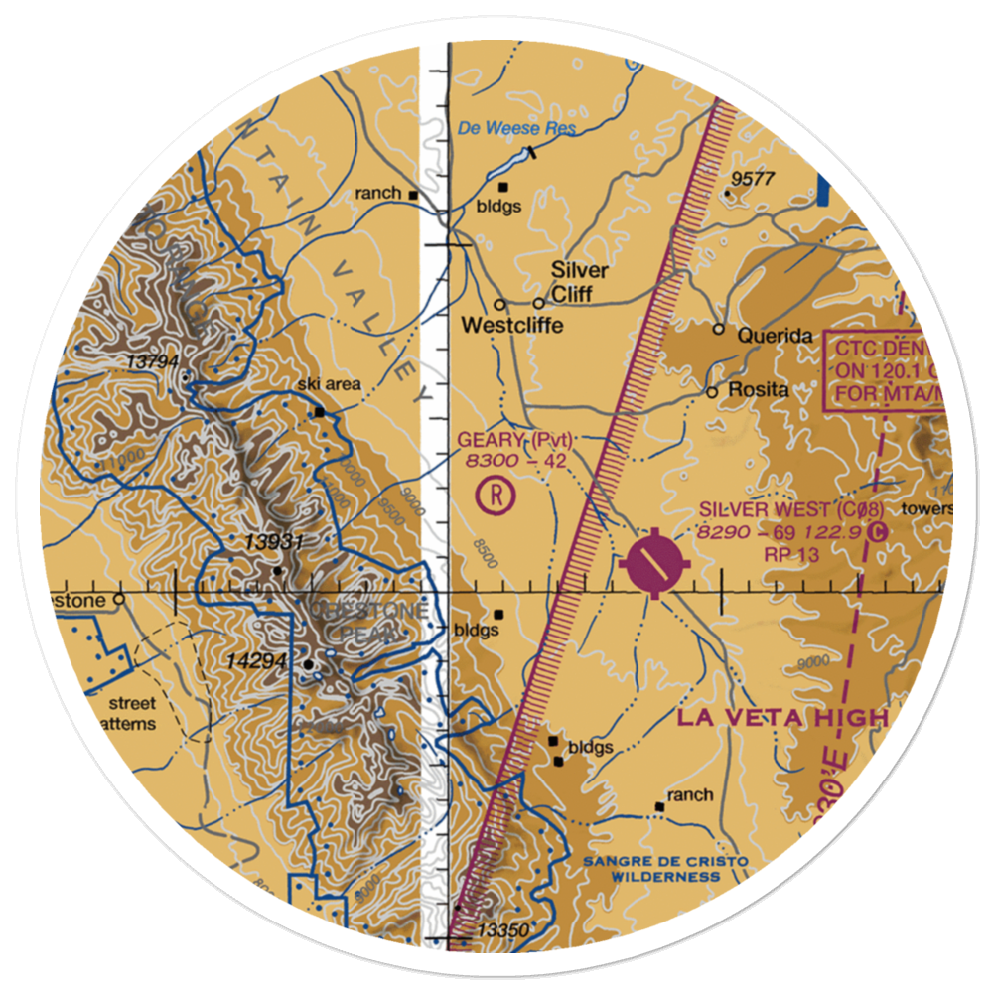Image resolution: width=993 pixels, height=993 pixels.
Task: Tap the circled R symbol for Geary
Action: click(x=495, y=494)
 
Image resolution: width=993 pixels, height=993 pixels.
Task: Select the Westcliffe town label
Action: click(x=512, y=326)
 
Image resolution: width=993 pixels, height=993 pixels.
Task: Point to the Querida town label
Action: click(x=776, y=336)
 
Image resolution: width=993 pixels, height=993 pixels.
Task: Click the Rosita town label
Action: click(x=759, y=390)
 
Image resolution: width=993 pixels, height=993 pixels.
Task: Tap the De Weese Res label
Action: click(x=516, y=129)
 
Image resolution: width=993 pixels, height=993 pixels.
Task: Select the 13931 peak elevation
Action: click(x=275, y=542)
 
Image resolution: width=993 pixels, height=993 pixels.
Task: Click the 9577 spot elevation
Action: click(x=751, y=179)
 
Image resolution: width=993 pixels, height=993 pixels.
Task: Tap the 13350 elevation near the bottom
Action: click(x=501, y=930)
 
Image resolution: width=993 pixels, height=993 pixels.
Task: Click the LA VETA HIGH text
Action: click(x=782, y=718)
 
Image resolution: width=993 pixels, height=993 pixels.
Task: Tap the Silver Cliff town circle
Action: click(x=539, y=303)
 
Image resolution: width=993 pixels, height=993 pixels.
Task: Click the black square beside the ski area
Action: click(x=320, y=411)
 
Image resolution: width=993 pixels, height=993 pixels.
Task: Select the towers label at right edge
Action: click(x=925, y=509)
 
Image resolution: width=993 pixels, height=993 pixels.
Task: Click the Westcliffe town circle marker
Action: click(x=499, y=304)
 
